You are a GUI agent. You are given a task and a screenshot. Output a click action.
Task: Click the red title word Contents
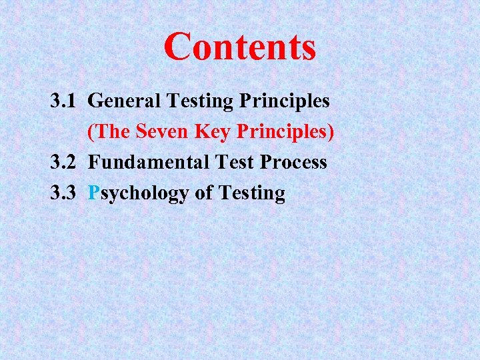239,47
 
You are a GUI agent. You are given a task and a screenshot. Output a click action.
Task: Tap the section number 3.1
65,101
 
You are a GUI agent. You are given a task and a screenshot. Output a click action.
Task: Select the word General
124,101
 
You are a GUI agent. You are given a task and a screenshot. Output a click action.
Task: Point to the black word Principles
285,102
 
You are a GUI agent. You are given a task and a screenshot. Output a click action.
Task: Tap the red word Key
212,133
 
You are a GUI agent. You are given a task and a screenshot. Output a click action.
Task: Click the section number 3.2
65,163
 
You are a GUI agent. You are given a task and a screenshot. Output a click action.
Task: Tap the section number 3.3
65,193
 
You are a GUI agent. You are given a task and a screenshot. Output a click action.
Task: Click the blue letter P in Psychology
94,193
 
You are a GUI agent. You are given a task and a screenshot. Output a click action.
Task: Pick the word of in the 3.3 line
204,193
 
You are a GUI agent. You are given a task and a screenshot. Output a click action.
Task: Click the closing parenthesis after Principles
331,133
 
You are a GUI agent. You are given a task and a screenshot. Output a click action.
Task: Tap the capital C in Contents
177,47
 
